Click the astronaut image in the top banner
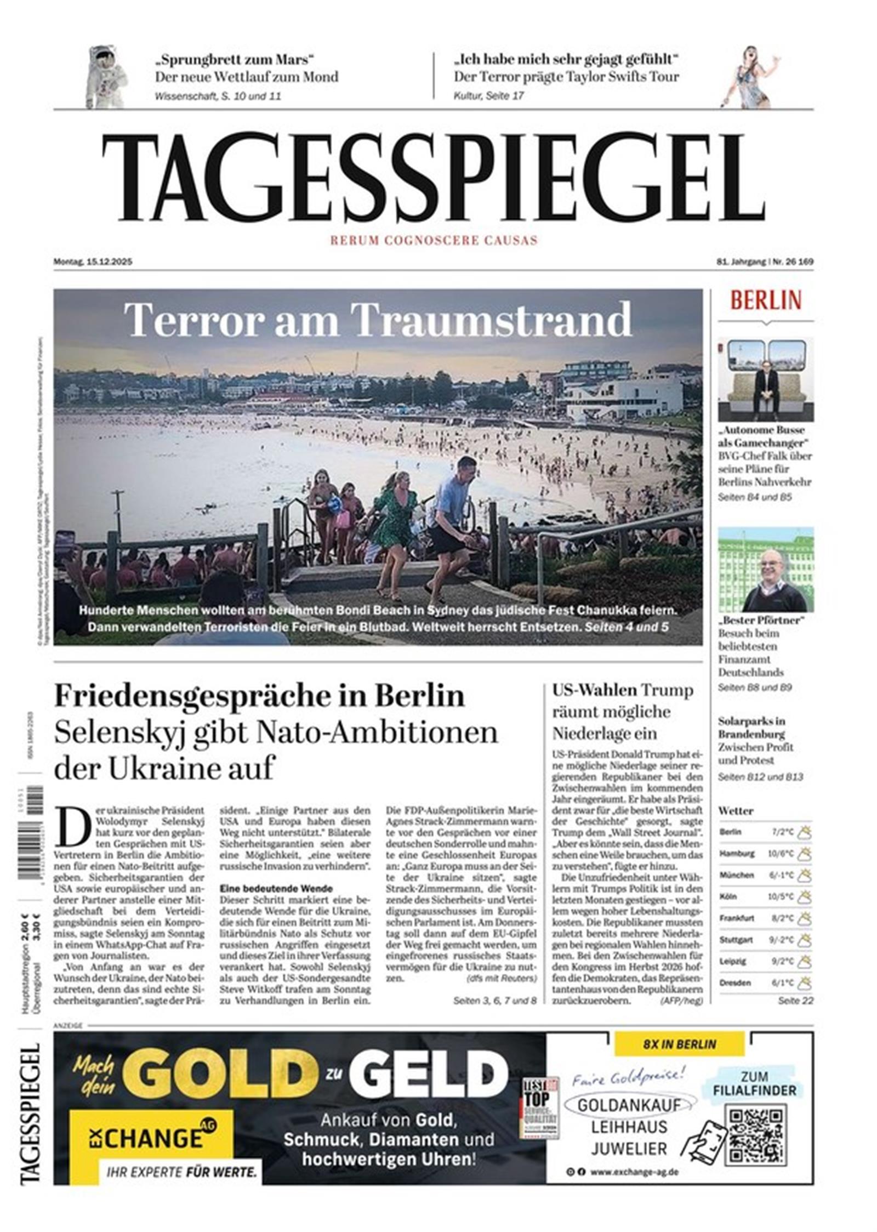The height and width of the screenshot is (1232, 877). coord(106,76)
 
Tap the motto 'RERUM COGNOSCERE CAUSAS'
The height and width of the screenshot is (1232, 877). coord(433,240)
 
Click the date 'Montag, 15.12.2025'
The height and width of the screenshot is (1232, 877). coord(93,262)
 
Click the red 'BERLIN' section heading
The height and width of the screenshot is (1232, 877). coord(765,300)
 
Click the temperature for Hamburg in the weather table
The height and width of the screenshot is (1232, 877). coord(780,854)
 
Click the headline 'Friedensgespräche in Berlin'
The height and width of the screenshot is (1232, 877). coord(259,696)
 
